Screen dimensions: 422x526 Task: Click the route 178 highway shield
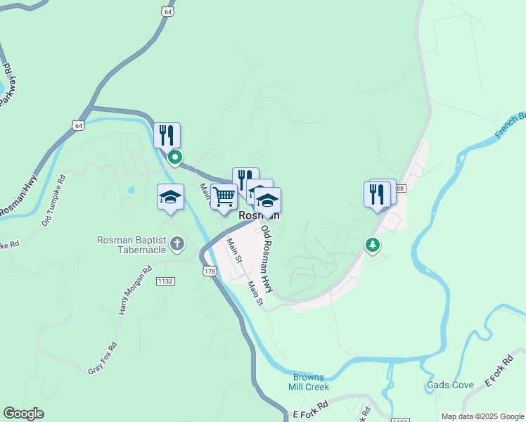209,271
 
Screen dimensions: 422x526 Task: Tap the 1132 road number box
165,281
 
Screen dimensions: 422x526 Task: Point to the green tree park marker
372,245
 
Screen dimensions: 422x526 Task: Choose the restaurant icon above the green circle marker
167,134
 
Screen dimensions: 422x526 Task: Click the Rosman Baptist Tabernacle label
132,245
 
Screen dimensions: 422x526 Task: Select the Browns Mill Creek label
308,382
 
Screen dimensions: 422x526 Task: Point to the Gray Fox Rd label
102,358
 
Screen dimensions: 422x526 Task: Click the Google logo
23,414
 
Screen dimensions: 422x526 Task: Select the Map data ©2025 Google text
482,416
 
